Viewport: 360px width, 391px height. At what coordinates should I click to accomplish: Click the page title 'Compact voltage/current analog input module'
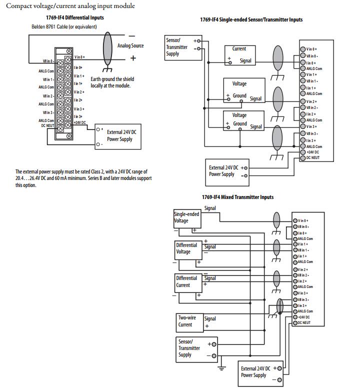coord(70,6)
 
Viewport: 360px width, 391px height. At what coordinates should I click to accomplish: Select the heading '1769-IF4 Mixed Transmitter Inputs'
coord(237,197)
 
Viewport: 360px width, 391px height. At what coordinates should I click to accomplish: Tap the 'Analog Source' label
coord(130,45)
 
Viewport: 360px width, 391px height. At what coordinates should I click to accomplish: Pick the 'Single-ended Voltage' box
coord(186,217)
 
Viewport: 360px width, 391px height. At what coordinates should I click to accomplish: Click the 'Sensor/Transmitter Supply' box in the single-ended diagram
coord(180,47)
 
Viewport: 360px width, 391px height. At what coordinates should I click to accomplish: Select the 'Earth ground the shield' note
coord(112,82)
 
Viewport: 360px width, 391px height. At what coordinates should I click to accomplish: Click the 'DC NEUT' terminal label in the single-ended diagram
coord(313,157)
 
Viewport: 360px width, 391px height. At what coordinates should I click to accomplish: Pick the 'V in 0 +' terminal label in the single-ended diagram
coord(311,49)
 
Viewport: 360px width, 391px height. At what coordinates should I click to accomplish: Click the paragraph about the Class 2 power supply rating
coord(83,178)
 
